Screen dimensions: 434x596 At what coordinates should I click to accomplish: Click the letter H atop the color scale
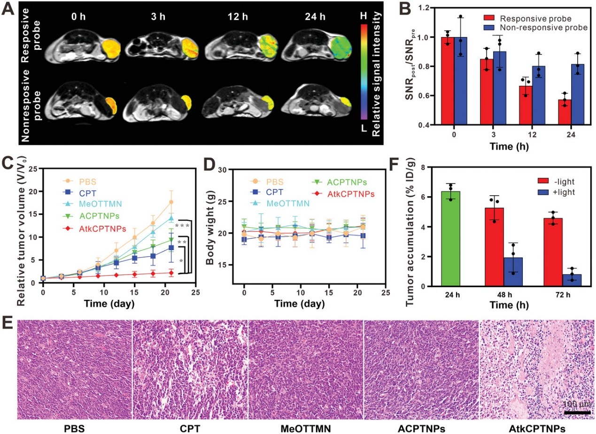click(x=363, y=15)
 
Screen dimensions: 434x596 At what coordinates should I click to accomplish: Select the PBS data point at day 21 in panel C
click(x=171, y=202)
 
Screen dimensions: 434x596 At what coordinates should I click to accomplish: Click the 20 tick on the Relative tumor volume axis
click(x=32, y=191)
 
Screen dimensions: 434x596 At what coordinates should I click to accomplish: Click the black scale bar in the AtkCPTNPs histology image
click(x=577, y=412)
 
